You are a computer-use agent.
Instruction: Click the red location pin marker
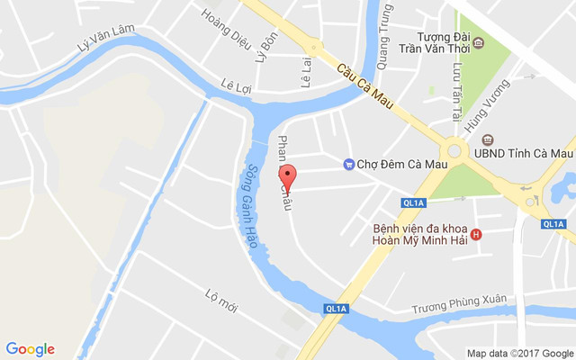click(287, 176)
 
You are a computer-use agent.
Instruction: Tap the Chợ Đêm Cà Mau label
click(396, 163)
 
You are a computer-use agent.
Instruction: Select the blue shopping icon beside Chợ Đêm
click(349, 163)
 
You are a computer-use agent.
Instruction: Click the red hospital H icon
click(477, 235)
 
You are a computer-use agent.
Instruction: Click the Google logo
click(31, 349)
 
